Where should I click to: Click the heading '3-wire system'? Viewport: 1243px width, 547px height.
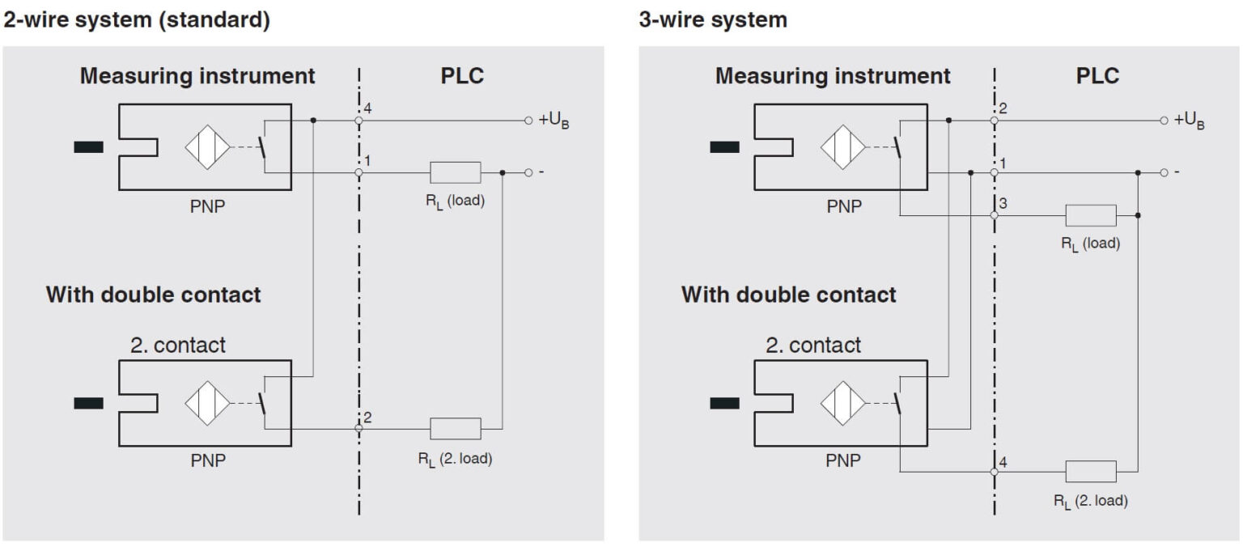point(713,21)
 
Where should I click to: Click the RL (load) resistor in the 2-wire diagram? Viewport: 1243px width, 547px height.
point(455,172)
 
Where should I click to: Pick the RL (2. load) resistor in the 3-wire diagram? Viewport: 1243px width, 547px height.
point(1091,471)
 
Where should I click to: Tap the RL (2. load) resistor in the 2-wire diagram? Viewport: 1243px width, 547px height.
point(455,428)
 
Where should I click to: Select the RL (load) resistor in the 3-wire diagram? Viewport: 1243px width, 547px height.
point(1091,215)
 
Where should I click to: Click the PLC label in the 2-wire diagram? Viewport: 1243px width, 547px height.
point(462,76)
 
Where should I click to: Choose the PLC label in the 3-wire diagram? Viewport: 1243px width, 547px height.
point(1097,76)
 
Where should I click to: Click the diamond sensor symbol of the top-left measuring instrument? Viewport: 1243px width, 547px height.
point(208,147)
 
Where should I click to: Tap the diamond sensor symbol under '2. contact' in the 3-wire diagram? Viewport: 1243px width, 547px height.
point(843,403)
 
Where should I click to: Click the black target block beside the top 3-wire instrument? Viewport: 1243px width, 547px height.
point(724,147)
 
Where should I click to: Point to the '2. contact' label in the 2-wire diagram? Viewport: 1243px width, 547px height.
point(178,346)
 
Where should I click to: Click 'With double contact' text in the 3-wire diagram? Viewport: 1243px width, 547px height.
point(788,295)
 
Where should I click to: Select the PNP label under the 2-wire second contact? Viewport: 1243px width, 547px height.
point(208,461)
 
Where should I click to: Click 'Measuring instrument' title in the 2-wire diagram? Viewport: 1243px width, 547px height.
point(197,77)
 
